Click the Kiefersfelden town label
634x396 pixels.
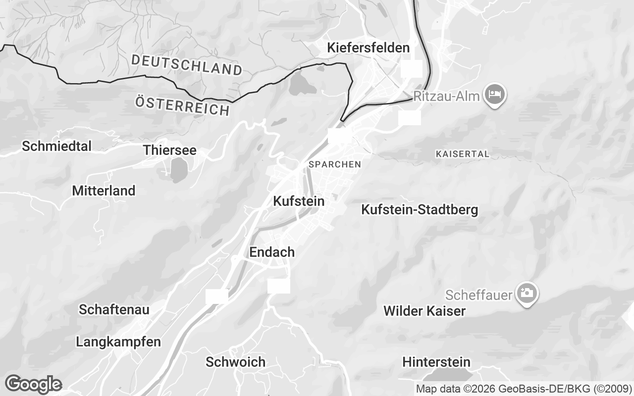368,48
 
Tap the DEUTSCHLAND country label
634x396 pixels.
187,65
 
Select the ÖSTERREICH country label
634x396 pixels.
183,106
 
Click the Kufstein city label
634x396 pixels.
299,201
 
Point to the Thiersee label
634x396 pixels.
169,150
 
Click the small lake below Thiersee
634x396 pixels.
177,171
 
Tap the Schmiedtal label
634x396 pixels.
57,146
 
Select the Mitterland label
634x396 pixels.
104,191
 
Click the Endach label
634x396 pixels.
271,252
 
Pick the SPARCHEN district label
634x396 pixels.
334,164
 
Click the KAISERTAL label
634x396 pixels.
462,154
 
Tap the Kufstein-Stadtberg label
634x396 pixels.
420,210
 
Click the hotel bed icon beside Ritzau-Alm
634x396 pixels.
494,94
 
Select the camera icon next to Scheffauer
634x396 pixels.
527,293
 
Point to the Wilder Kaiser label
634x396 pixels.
424,311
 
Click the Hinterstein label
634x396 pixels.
436,362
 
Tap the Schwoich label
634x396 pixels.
235,362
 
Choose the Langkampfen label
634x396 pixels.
118,342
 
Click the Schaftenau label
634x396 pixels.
114,310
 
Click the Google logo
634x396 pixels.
33,384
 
